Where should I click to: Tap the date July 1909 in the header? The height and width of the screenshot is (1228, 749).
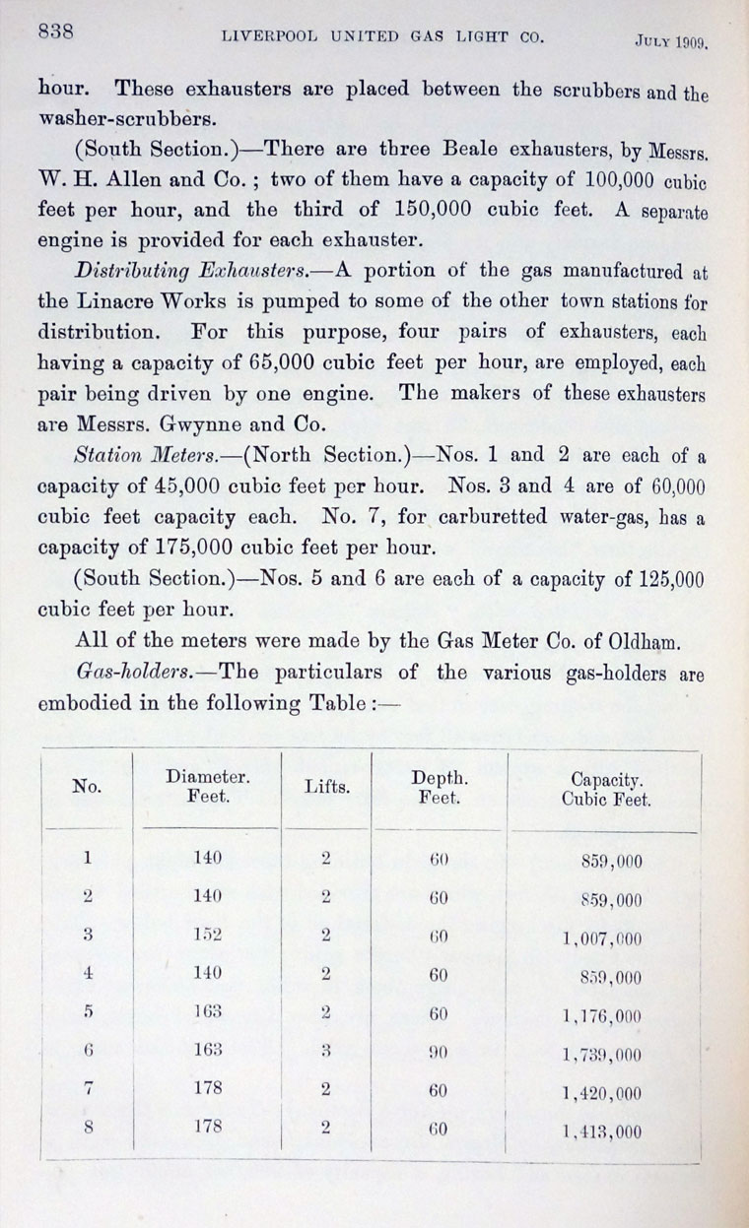pyautogui.click(x=673, y=42)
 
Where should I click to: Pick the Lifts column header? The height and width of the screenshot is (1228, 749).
pyautogui.click(x=327, y=789)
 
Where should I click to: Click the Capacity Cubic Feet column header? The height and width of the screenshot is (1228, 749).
pyautogui.click(x=606, y=790)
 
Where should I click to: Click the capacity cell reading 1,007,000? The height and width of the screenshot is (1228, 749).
pyautogui.click(x=602, y=938)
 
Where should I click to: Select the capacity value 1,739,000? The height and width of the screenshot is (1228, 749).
pyautogui.click(x=602, y=1056)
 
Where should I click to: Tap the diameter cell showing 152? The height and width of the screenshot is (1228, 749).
pyautogui.click(x=208, y=936)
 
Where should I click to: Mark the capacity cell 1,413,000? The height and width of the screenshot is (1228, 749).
pyautogui.click(x=602, y=1131)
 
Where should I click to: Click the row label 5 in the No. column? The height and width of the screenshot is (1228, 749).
pyautogui.click(x=88, y=1013)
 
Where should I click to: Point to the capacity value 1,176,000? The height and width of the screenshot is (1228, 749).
pyautogui.click(x=602, y=1016)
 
